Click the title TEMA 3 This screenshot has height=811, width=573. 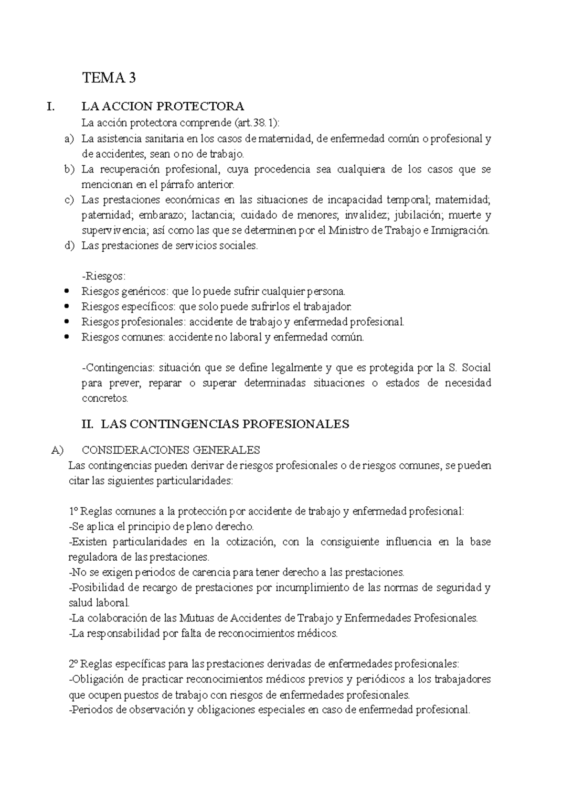pos(109,78)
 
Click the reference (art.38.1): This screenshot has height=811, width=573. pos(257,123)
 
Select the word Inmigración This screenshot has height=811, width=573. pos(460,230)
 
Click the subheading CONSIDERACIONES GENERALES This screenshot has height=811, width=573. pos(171,450)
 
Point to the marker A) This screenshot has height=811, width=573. pos(57,450)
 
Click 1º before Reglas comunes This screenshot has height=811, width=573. pos(74,512)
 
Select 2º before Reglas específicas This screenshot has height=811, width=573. pos(74,664)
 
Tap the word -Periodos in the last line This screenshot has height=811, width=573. pos(90,710)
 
